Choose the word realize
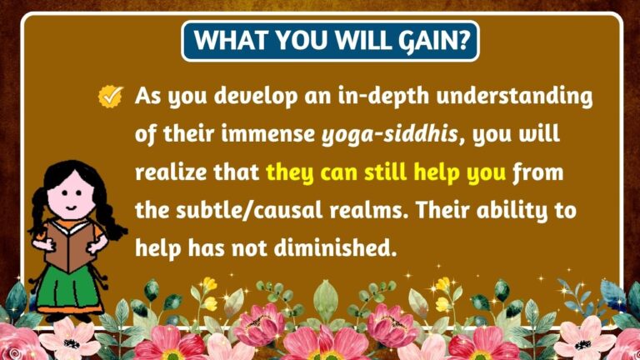(x=172, y=173)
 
